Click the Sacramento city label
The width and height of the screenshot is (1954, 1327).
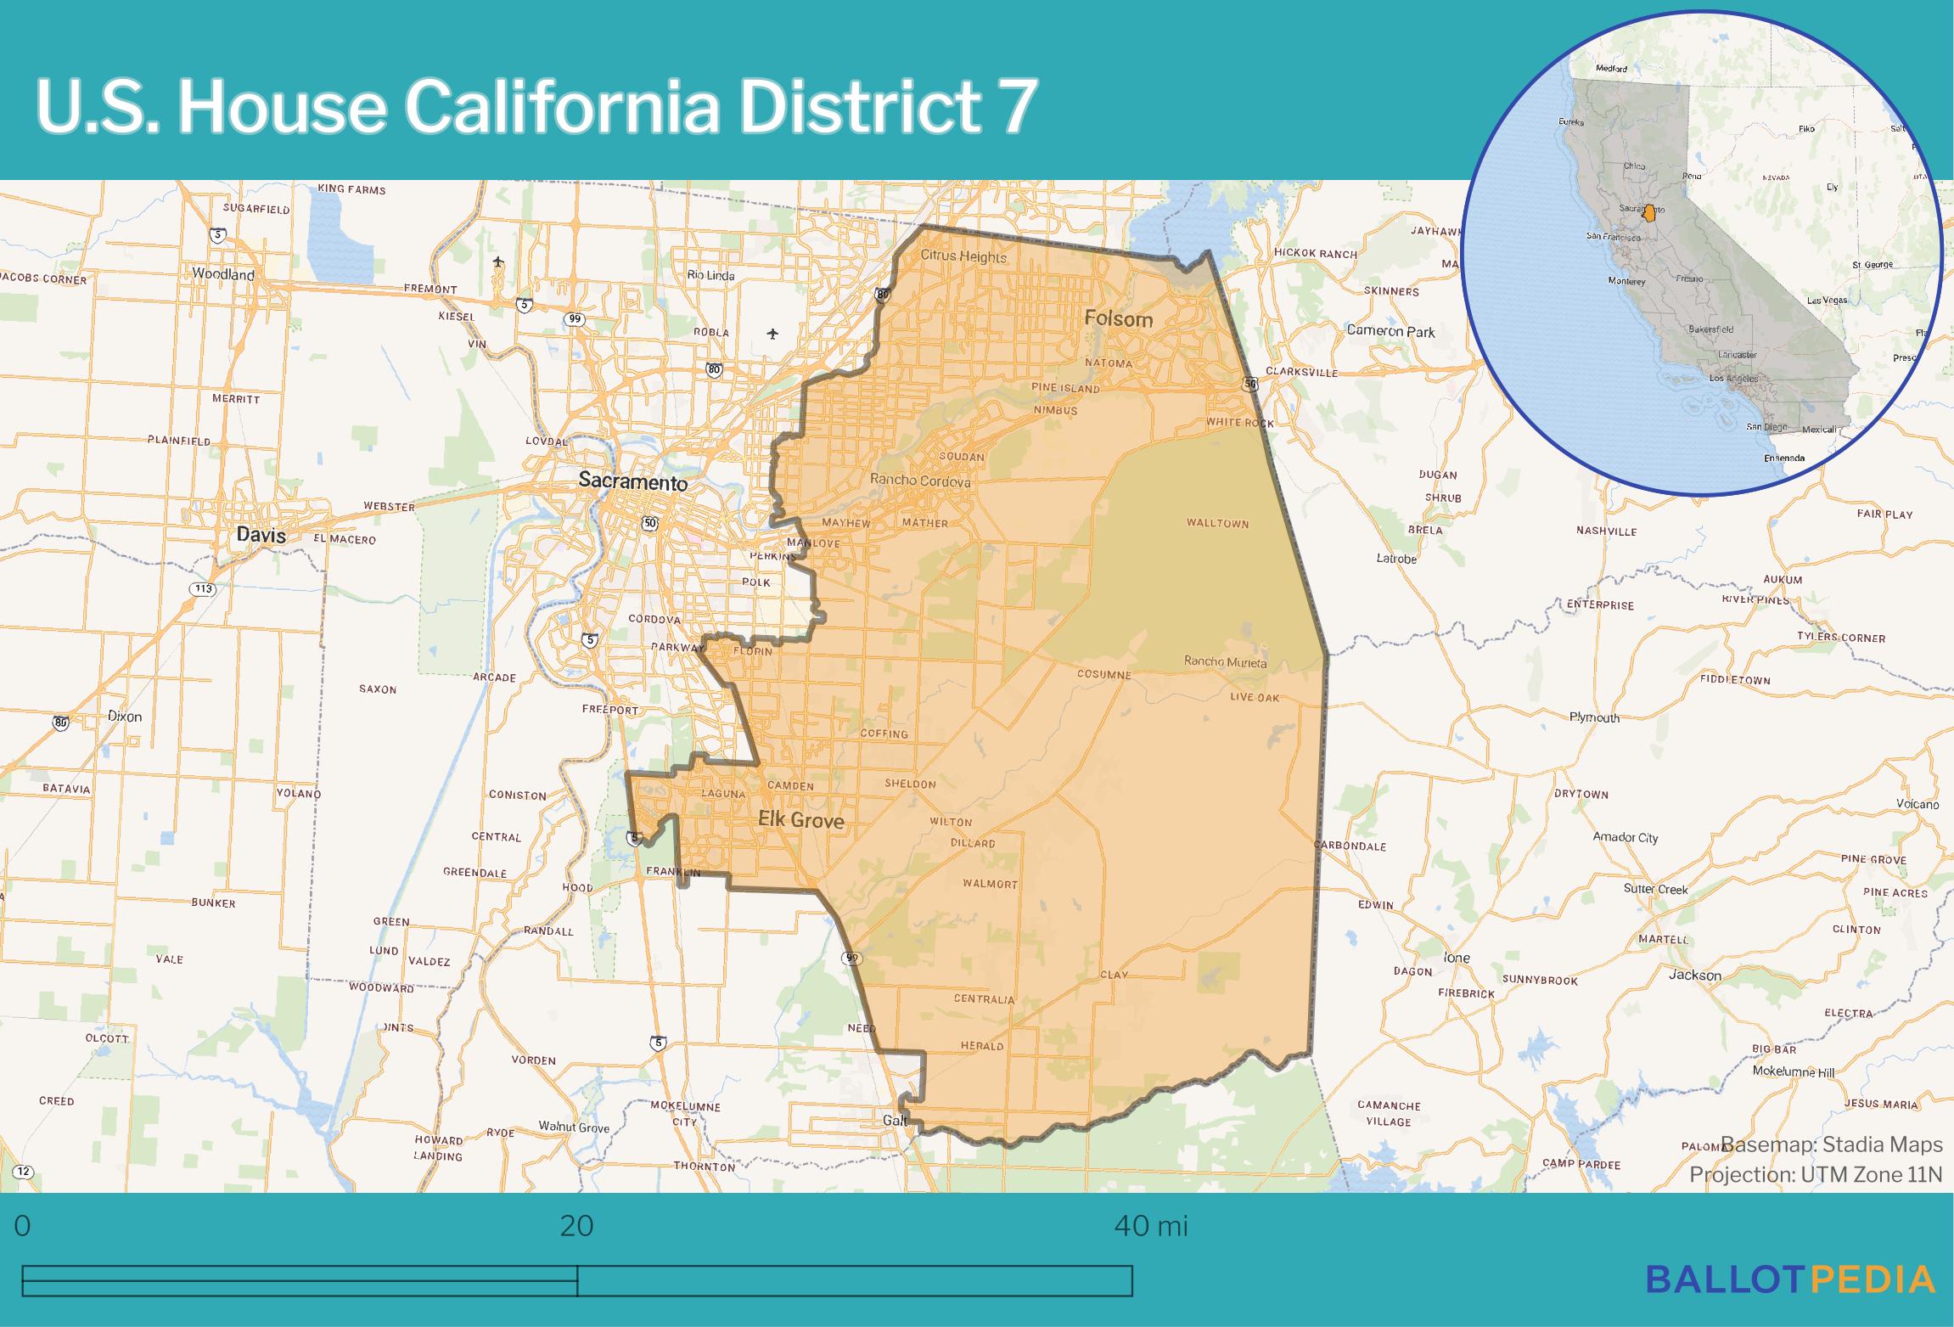pyautogui.click(x=632, y=481)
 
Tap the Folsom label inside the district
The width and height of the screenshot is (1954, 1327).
pyautogui.click(x=1119, y=319)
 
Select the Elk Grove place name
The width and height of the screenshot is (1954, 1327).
pyautogui.click(x=800, y=819)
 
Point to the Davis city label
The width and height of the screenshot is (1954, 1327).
pyautogui.click(x=261, y=535)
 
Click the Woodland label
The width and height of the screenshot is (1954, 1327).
pyautogui.click(x=223, y=274)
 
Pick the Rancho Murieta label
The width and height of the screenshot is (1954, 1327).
pyautogui.click(x=1225, y=661)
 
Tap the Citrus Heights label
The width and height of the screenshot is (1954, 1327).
pyautogui.click(x=963, y=256)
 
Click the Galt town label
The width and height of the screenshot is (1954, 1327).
pyautogui.click(x=895, y=1121)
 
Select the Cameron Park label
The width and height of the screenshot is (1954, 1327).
pyautogui.click(x=1390, y=331)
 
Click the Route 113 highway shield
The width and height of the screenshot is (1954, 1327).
pyautogui.click(x=203, y=589)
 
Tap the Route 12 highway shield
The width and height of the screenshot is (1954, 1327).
pyautogui.click(x=23, y=1172)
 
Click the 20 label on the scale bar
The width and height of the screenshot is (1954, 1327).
pyautogui.click(x=576, y=1226)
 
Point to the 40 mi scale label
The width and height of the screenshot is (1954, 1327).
pyautogui.click(x=1150, y=1226)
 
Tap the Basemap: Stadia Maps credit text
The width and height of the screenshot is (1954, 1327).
pyautogui.click(x=1832, y=1145)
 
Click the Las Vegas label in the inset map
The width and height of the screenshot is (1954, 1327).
pyautogui.click(x=1828, y=301)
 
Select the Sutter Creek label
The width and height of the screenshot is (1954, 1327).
pyautogui.click(x=1655, y=889)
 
